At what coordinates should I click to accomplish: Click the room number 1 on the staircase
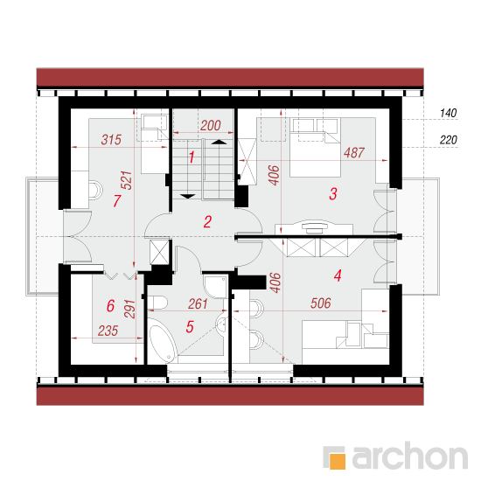click(192, 157)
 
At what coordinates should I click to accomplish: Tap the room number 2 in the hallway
click(207, 222)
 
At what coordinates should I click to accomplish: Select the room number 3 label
click(333, 194)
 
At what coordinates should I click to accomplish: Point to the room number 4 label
click(338, 275)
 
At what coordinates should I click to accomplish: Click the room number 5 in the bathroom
click(190, 327)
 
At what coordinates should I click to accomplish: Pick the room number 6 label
click(110, 306)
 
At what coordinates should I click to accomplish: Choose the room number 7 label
click(117, 201)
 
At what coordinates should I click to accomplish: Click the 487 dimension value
click(354, 153)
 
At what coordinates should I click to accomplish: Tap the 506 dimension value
click(321, 303)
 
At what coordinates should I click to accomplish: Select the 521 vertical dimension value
click(127, 180)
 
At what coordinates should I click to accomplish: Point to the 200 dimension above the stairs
click(211, 125)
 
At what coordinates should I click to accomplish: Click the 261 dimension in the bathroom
click(198, 304)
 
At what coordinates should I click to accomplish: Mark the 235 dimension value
click(108, 331)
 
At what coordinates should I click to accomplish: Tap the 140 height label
click(448, 113)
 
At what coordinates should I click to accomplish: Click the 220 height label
click(448, 140)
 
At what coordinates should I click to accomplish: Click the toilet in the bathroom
click(157, 303)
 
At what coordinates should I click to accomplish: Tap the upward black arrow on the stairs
click(219, 142)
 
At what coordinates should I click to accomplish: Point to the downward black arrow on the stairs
click(188, 196)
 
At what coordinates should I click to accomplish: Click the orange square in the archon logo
click(338, 461)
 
